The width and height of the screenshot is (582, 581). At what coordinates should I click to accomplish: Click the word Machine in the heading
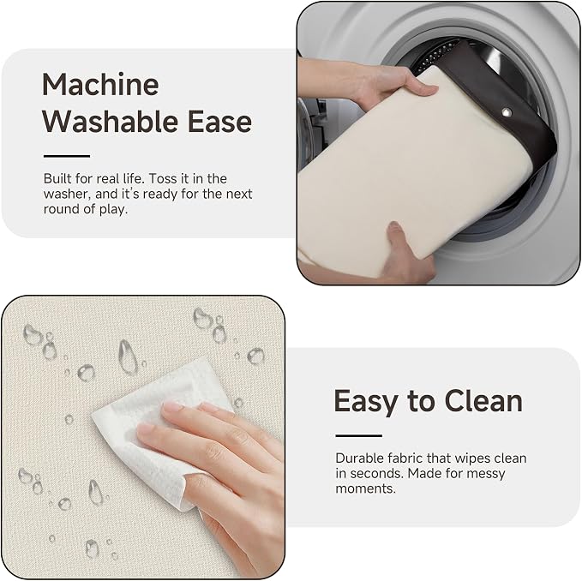[x=100, y=84]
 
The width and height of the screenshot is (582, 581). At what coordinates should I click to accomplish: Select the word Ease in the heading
[x=219, y=122]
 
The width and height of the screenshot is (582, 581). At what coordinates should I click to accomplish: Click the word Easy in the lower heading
[x=366, y=402]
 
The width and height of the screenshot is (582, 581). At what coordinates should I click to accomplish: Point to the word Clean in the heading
[x=483, y=401]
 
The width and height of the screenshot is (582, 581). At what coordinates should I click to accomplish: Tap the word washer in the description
[x=67, y=194]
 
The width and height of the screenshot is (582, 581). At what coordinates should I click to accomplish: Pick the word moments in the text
[x=366, y=488]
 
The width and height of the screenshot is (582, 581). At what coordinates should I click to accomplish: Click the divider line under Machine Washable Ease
[x=67, y=156]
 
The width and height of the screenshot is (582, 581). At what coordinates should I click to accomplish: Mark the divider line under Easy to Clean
[x=358, y=435]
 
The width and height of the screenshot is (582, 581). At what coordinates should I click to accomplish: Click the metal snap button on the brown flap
[x=506, y=112]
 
